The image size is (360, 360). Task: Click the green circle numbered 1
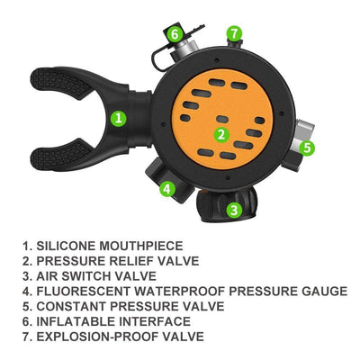(119, 118)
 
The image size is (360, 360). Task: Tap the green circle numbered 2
(221, 135)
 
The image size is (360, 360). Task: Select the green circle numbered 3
(234, 210)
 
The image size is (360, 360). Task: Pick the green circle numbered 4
(167, 189)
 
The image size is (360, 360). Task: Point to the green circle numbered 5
(307, 148)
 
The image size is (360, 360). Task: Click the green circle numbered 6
(175, 34)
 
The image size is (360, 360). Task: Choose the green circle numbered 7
(235, 33)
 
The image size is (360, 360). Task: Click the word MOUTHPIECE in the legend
(141, 246)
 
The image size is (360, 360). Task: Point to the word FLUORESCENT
(84, 291)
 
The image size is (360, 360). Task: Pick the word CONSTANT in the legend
(71, 306)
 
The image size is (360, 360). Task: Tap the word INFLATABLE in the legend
(76, 321)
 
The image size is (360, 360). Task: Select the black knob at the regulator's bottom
(227, 205)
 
